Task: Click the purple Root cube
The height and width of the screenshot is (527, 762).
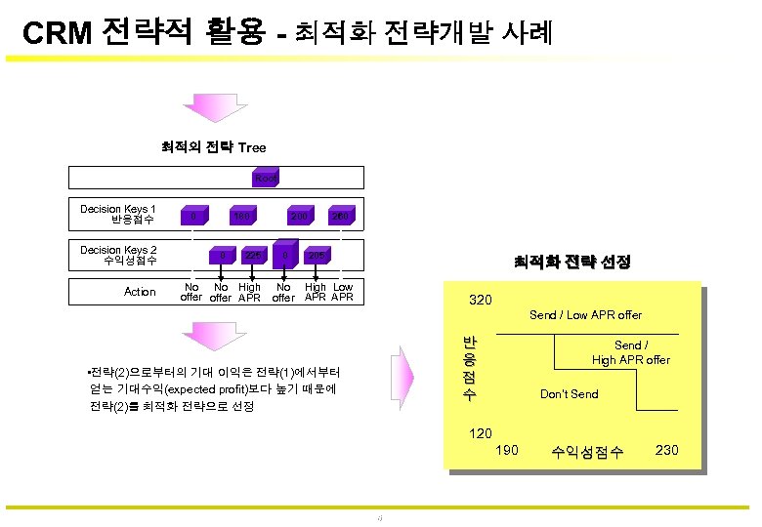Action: coord(266,178)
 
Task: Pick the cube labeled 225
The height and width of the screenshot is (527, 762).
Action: coord(253,257)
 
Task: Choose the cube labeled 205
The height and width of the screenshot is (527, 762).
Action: coord(315,257)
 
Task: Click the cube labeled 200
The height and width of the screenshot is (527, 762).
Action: coord(297,216)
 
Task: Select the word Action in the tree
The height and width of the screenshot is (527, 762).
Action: coord(140,292)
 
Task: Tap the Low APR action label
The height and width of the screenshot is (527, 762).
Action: coord(342,292)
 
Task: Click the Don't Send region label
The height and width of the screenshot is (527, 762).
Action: coord(569,393)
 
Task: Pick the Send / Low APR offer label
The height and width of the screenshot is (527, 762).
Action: coord(585,314)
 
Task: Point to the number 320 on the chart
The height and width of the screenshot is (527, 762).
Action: coord(481,300)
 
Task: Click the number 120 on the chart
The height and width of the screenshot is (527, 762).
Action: coord(481,432)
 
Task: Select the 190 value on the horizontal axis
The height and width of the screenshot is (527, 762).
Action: coord(507,450)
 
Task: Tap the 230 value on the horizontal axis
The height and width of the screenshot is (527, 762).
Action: coord(665,450)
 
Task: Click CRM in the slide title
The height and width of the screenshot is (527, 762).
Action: coord(57,34)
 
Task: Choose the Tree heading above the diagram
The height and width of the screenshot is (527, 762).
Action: coord(252,147)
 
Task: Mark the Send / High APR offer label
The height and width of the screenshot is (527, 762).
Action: coord(630,352)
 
